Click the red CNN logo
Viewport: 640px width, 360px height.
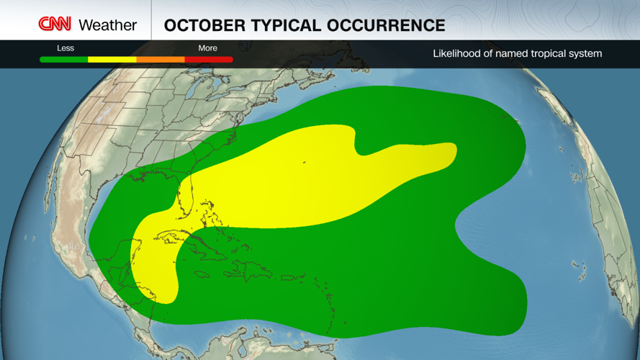click(55, 24)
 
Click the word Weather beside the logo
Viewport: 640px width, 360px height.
click(107, 25)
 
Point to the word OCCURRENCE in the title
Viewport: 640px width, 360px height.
click(384, 26)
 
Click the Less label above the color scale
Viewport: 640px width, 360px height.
click(66, 48)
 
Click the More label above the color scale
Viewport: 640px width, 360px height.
click(207, 48)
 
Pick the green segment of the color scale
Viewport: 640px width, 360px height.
click(64, 60)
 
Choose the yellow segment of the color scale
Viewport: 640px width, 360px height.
click(112, 60)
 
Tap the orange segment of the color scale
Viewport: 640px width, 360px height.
click(160, 60)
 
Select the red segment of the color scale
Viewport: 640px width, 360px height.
click(209, 60)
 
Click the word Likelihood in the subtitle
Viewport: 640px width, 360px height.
click(459, 53)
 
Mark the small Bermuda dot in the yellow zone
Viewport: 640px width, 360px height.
click(304, 163)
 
